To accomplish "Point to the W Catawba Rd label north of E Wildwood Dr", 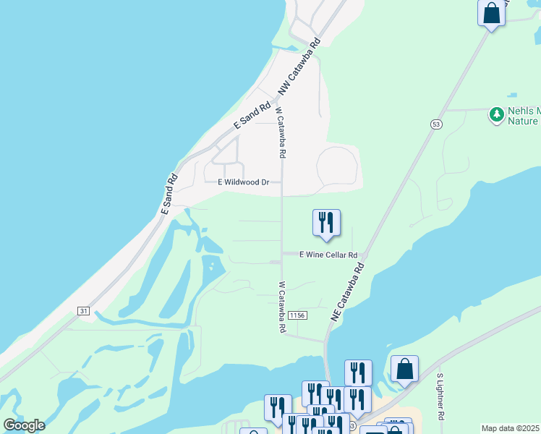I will [281, 133].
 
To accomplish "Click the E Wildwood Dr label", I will [244, 182].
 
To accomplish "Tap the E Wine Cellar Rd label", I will [329, 255].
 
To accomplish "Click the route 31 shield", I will [84, 311].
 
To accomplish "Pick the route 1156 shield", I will [297, 315].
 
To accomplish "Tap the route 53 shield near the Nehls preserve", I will [436, 124].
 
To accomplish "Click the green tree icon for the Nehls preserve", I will [496, 114].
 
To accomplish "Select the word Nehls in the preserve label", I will [523, 111].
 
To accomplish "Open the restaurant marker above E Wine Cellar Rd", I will [326, 222].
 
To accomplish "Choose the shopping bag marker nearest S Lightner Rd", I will [405, 369].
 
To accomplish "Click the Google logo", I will [24, 425].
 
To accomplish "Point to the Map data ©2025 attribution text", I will [511, 428].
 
